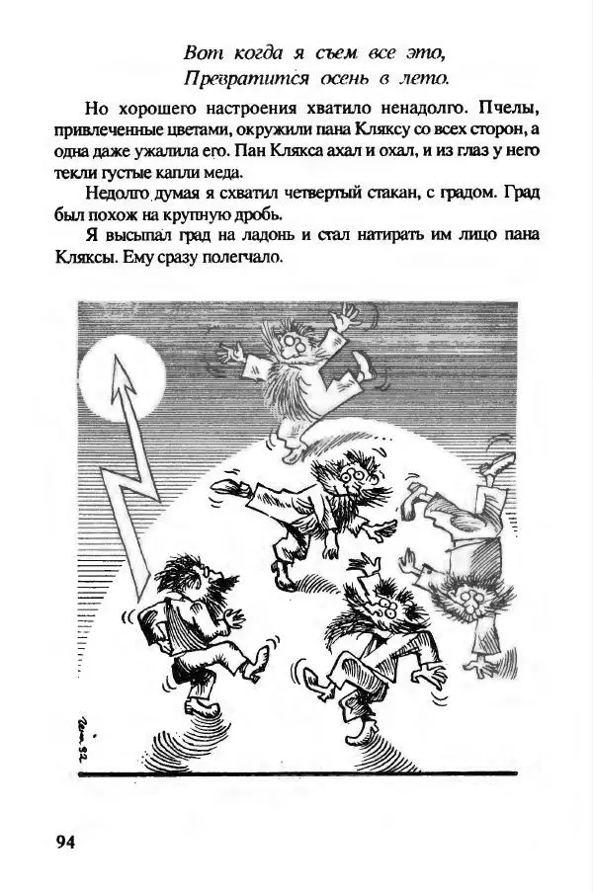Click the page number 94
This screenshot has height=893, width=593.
click(x=65, y=842)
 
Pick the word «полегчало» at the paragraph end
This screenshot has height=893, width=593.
click(x=244, y=259)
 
